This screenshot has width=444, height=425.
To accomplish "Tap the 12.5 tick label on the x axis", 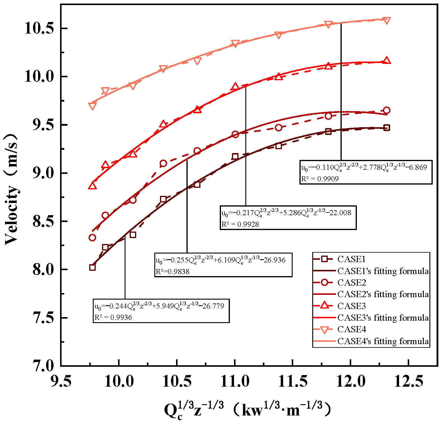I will point(409,381).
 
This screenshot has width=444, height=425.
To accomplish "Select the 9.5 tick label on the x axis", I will point(61,381).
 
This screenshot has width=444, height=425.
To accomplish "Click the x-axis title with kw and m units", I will point(247,410).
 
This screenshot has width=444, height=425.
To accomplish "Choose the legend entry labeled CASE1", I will point(351,259).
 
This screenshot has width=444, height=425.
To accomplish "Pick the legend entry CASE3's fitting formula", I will point(383,318).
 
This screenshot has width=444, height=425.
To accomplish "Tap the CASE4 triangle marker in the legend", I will point(325,330).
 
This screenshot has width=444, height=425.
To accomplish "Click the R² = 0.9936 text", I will point(113,317).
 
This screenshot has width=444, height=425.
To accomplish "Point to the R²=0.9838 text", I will point(173,271).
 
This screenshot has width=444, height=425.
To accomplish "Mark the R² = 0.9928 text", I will point(240,224).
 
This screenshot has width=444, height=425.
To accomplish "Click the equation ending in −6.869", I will point(364,167).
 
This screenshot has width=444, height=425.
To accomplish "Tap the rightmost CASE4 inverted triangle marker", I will point(387,21).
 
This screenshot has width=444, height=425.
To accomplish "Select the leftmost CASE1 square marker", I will point(92,267).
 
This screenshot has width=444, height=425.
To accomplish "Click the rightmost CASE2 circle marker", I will point(387,110).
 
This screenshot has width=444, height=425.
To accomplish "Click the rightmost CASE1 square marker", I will point(387,128).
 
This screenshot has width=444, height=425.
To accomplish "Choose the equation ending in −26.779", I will point(159,306).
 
